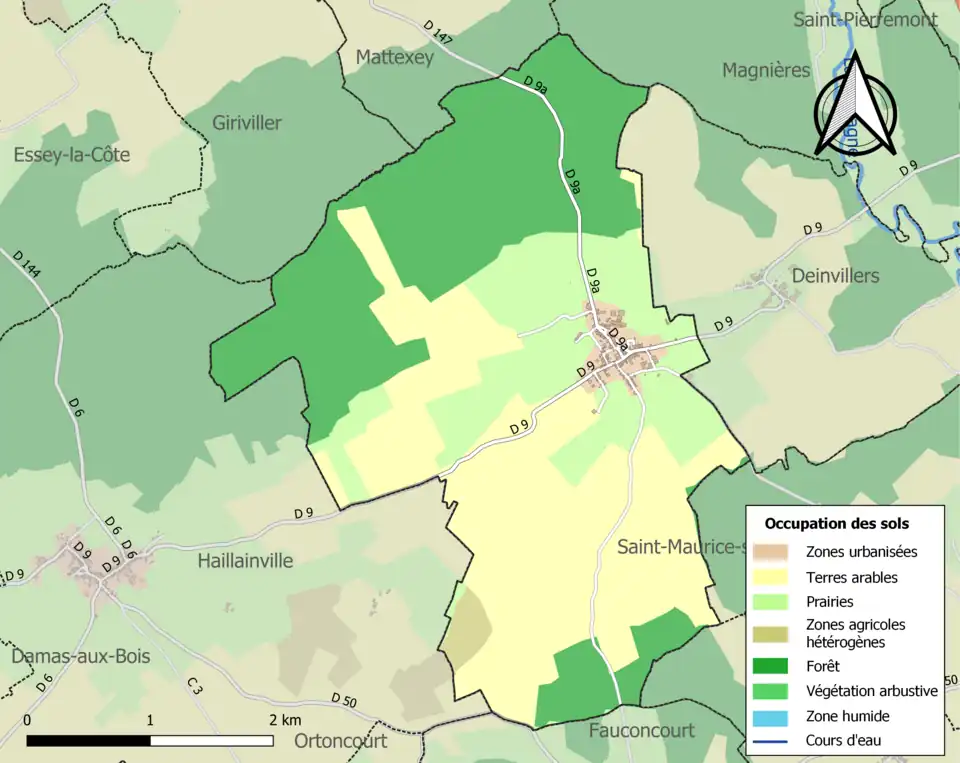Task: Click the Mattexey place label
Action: click(x=395, y=58)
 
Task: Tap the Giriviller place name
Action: click(x=247, y=123)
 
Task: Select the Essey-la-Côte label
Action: click(x=71, y=155)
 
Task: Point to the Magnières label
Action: click(x=766, y=70)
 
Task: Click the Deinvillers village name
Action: click(x=835, y=276)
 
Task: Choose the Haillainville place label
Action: click(x=245, y=561)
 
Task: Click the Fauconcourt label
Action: click(x=641, y=730)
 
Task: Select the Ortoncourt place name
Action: click(x=340, y=741)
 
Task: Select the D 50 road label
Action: click(x=343, y=699)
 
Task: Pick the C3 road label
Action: click(x=194, y=686)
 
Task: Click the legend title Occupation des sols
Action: click(x=836, y=523)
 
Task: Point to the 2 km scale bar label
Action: click(x=285, y=720)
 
